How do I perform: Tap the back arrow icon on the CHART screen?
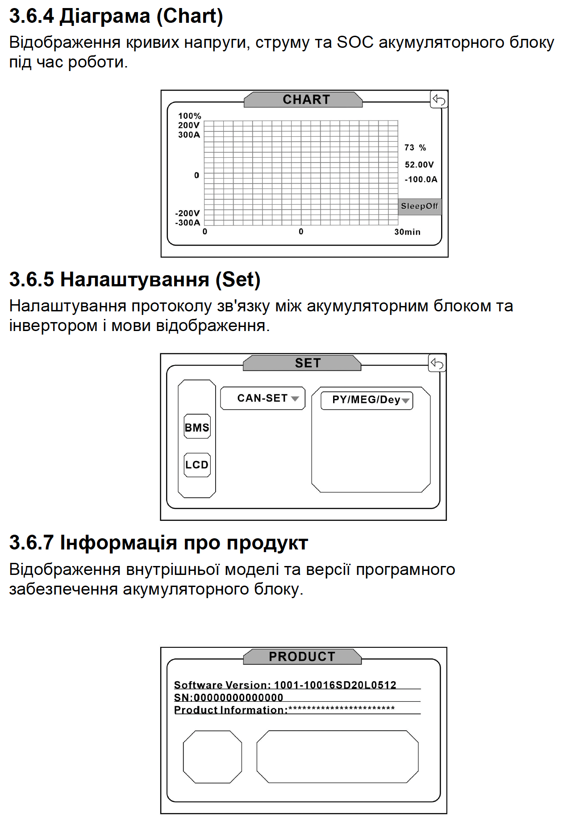(439, 100)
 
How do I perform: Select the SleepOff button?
(419, 206)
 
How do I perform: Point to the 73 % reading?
(415, 147)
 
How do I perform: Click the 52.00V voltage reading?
(419, 164)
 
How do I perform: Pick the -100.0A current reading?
(421, 179)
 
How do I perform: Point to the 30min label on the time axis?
(407, 232)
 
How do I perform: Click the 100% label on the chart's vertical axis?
(189, 116)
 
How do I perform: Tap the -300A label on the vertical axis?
(188, 222)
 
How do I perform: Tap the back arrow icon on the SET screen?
(437, 363)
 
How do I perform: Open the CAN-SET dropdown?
(263, 398)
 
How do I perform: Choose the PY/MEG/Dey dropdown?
(367, 400)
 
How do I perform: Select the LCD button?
(197, 465)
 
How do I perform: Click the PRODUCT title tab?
(302, 657)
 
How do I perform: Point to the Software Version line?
(285, 685)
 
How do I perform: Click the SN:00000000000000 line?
(229, 697)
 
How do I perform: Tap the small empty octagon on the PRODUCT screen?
(213, 757)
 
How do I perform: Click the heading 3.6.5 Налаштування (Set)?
(135, 280)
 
